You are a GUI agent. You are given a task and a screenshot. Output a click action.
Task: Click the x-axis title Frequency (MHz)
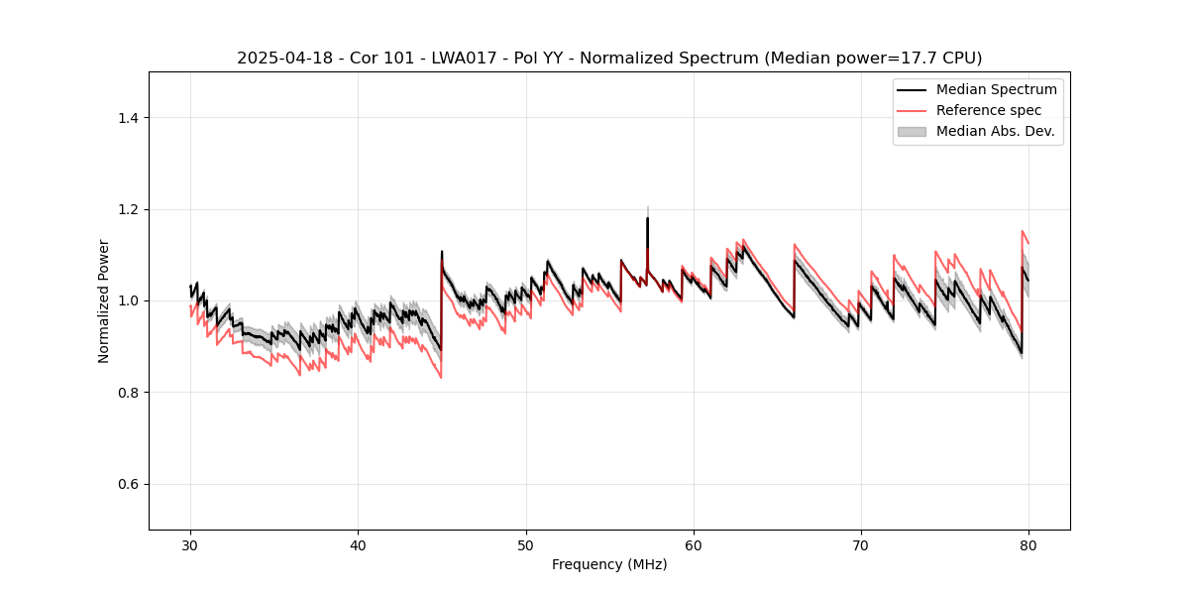609,565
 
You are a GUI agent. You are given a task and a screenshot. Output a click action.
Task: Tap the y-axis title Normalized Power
104,300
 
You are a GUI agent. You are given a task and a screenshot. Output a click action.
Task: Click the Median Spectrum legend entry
996,89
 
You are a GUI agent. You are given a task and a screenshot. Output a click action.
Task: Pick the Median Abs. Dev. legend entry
995,131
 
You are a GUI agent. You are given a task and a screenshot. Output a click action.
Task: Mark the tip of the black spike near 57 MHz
647,218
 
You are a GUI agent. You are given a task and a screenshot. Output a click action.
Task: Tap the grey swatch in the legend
912,131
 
